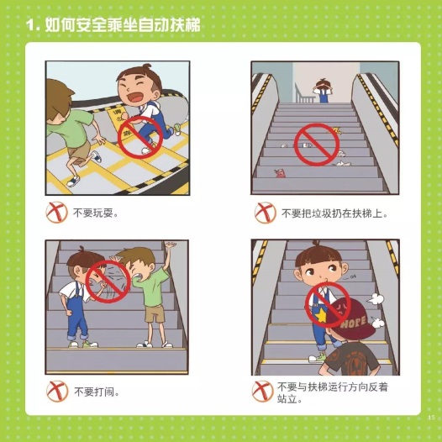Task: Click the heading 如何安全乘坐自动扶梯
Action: coord(123,25)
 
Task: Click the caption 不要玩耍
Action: coord(96,213)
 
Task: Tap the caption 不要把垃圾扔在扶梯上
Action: coord(334,213)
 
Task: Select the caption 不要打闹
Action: coord(97,392)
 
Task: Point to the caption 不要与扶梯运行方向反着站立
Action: coord(333,392)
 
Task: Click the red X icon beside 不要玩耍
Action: coord(56,213)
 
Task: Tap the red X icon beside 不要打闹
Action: coord(57,392)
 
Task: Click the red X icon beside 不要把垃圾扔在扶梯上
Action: coord(265,213)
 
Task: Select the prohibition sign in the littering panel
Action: coord(317,145)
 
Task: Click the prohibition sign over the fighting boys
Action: coord(108,282)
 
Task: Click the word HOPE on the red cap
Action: coord(353,322)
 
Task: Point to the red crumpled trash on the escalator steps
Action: coord(280,173)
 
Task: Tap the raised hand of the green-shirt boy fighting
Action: coord(170,245)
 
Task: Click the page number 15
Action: coord(431,418)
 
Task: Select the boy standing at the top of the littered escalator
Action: coord(323,91)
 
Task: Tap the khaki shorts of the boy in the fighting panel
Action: coord(155,314)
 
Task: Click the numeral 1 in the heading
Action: coord(30,25)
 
